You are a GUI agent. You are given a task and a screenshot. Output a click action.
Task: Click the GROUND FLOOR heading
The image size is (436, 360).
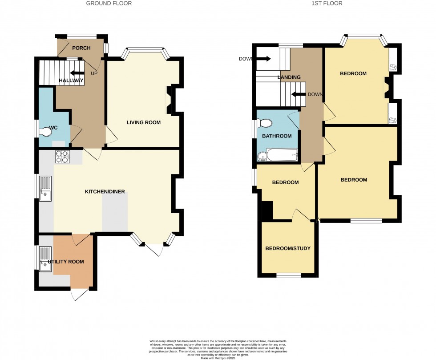coord(109,4)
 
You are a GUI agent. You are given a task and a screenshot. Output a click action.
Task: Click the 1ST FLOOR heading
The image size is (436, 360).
coord(327,4)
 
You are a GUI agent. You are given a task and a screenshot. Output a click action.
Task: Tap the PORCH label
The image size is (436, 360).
coord(81,48)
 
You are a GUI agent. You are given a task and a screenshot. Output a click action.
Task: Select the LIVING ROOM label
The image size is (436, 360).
coord(143,122)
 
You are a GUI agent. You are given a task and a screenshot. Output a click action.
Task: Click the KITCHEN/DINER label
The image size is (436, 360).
coord(105,192)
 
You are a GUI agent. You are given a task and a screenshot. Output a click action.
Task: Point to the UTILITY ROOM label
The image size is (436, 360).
coord(66,262)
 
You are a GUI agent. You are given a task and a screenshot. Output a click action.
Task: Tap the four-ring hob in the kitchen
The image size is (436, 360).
coord(61,157)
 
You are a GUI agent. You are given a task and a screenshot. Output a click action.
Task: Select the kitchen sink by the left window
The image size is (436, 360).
coord(45,189)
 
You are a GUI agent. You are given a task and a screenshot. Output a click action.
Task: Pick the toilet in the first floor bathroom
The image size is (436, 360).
coord(266,123)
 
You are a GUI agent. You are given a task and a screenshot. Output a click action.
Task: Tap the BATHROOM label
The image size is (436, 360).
coord(276,136)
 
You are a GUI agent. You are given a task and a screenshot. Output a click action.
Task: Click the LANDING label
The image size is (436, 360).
coord(289,77)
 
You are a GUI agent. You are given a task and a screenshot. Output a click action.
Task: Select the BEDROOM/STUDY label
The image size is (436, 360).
coord(287,248)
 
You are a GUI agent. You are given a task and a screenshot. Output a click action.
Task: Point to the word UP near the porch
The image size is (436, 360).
coord(94,73)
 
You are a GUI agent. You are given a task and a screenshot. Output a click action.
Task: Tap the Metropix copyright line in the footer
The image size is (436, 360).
coord(218,358)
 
